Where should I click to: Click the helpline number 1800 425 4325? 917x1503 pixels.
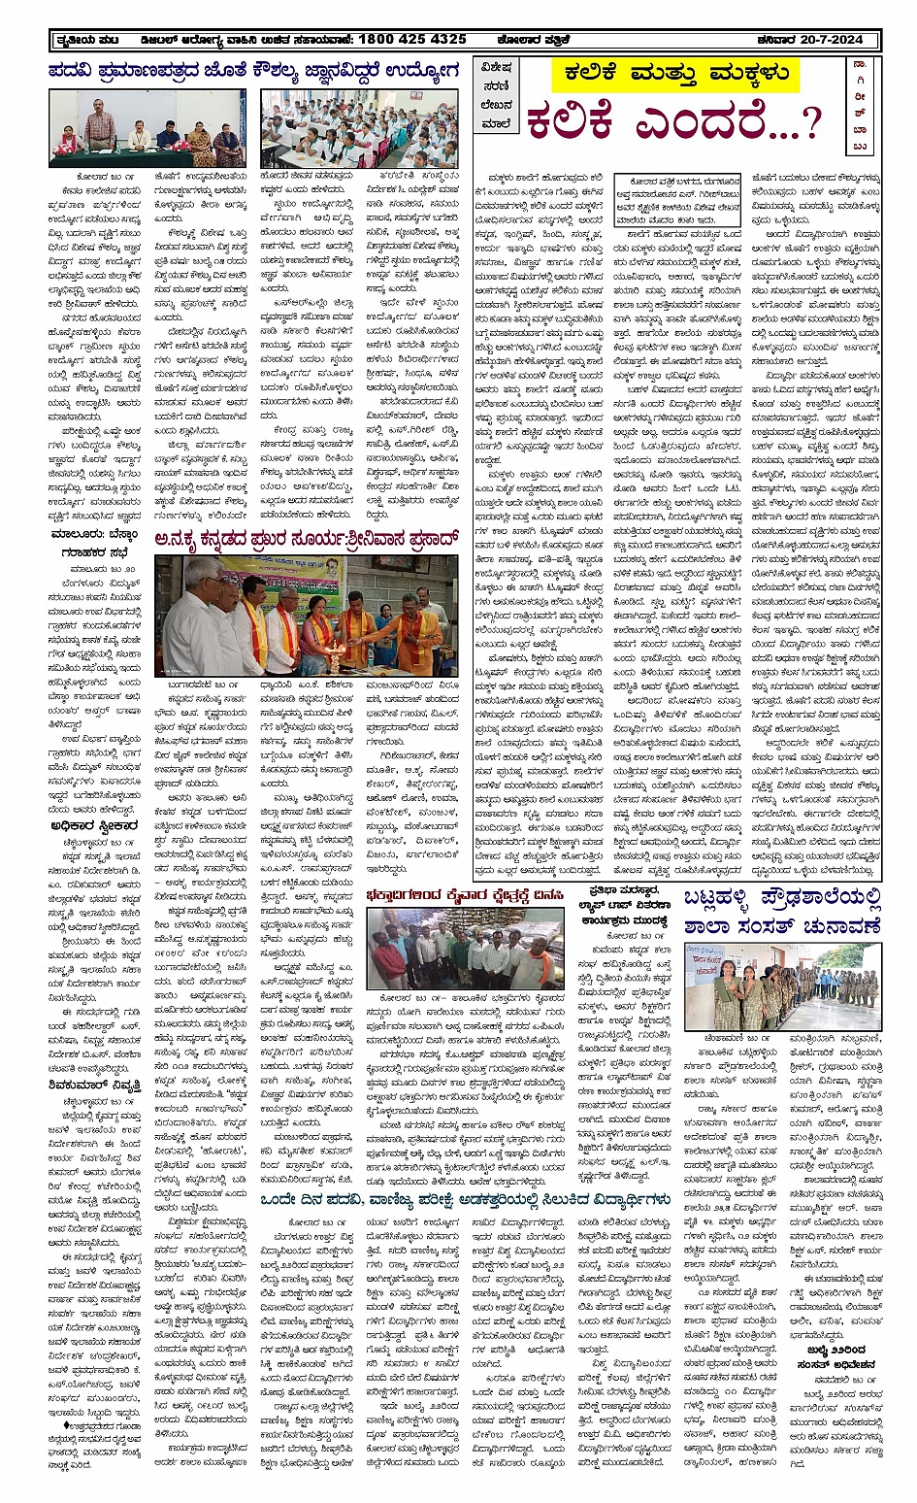pos(411,39)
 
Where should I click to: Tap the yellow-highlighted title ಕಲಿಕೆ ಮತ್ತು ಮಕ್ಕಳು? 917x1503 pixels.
pos(675,74)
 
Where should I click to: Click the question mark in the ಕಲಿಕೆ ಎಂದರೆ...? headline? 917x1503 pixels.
pos(811,122)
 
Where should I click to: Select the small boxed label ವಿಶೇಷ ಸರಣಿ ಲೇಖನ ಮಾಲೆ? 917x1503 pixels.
pos(496,96)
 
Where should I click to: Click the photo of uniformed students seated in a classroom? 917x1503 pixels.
pos(358,128)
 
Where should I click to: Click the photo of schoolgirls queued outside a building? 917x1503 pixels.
pos(782,986)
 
